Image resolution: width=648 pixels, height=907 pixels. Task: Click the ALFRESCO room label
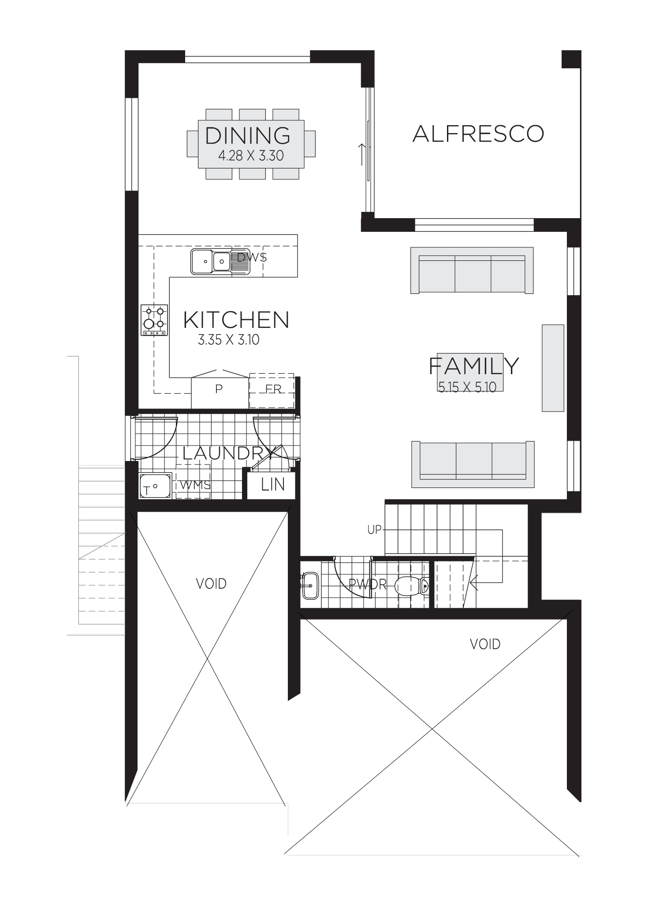click(x=478, y=134)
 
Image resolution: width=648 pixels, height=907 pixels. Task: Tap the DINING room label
click(x=248, y=135)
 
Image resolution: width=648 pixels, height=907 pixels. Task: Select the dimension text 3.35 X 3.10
click(x=228, y=340)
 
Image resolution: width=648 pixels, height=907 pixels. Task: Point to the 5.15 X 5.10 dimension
click(x=467, y=387)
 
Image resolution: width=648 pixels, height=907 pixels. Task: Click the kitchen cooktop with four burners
click(x=154, y=320)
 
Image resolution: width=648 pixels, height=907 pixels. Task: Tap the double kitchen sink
click(x=211, y=261)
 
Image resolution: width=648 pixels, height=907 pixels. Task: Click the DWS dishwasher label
click(x=252, y=257)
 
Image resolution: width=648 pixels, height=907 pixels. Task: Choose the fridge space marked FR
click(x=272, y=390)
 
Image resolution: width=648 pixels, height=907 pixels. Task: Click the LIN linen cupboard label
click(x=272, y=485)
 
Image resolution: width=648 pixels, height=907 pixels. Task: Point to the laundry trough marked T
click(x=155, y=487)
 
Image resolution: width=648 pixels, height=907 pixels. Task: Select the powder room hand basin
click(x=310, y=586)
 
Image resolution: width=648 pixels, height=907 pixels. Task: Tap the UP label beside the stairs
click(x=374, y=529)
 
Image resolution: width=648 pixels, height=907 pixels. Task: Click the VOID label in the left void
click(x=211, y=584)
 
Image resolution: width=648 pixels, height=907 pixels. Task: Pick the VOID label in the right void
click(x=485, y=644)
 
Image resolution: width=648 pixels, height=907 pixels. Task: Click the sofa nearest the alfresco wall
click(x=472, y=270)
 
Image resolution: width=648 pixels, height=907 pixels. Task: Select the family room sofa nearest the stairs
click(x=473, y=465)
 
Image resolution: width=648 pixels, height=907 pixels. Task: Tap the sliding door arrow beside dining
click(x=362, y=154)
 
